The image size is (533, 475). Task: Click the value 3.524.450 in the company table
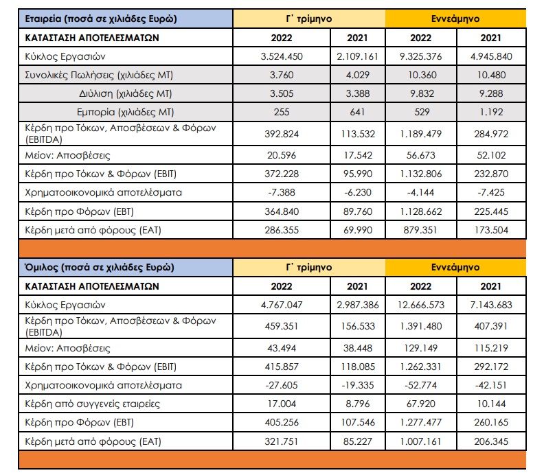pyautogui.click(x=282, y=56)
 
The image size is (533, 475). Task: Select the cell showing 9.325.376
pyautogui.click(x=421, y=56)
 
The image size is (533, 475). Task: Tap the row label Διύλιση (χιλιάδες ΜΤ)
pyautogui.click(x=126, y=94)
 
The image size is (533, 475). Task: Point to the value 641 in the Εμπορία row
pyautogui.click(x=357, y=112)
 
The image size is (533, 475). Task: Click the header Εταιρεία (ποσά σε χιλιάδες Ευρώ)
pyautogui.click(x=101, y=19)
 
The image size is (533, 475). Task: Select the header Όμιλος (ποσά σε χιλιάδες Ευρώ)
pyautogui.click(x=100, y=268)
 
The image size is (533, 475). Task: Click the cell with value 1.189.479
pyautogui.click(x=421, y=134)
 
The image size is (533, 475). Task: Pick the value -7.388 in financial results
pyautogui.click(x=282, y=193)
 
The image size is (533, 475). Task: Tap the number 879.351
pyautogui.click(x=421, y=230)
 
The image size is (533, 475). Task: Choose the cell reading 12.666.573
pyautogui.click(x=421, y=305)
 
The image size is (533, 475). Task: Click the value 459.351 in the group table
pyautogui.click(x=282, y=326)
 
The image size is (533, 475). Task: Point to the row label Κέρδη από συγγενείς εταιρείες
pyautogui.click(x=93, y=404)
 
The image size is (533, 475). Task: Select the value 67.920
pyautogui.click(x=421, y=404)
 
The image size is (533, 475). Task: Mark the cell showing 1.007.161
pyautogui.click(x=421, y=441)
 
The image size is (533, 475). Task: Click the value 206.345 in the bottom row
pyautogui.click(x=491, y=441)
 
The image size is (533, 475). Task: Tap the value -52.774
pyautogui.click(x=421, y=385)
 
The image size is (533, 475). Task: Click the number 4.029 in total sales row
pyautogui.click(x=357, y=75)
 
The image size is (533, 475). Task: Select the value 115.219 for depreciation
pyautogui.click(x=491, y=348)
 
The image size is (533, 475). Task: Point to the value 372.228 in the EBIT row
pyautogui.click(x=282, y=174)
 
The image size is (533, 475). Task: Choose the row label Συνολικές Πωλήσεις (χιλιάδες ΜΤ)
pyautogui.click(x=99, y=75)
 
